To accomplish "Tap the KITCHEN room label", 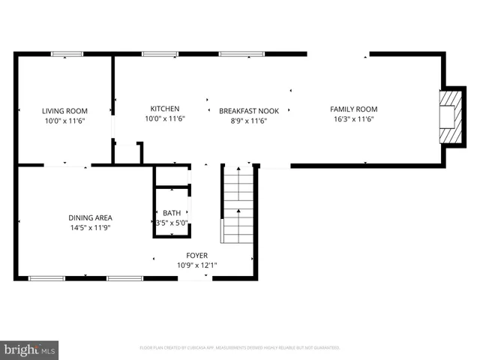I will [x=165, y=108].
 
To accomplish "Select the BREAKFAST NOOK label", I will [x=249, y=111].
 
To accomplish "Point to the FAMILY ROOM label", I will [x=354, y=109].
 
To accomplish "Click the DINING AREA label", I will [x=90, y=218].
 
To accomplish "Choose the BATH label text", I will [x=172, y=212].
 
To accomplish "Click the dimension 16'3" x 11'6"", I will [x=354, y=118].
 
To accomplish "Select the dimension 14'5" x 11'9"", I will [x=90, y=228].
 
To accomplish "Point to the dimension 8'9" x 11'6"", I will [x=249, y=120].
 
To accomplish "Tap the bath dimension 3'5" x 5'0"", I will [x=172, y=222].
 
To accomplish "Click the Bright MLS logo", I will [x=29, y=349].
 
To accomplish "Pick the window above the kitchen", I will [x=160, y=53].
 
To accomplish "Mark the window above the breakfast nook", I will [x=240, y=53].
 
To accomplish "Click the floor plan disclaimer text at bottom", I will [x=240, y=348].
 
